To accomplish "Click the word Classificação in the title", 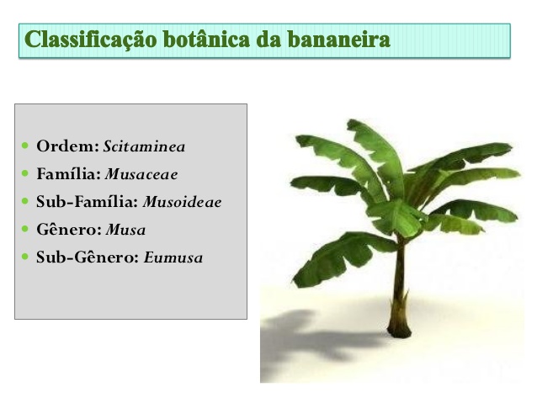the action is tap(91, 40).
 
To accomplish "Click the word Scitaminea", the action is tap(144, 146).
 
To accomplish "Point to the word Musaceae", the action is tap(141, 174).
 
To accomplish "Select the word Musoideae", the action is tap(182, 202).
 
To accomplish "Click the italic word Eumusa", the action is tap(173, 257).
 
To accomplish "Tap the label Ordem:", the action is tap(68, 146).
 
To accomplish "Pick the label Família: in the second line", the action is tap(69, 174).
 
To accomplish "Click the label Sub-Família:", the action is tap(88, 202).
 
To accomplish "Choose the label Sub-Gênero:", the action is tap(88, 257).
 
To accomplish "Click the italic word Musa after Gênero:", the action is tap(125, 230).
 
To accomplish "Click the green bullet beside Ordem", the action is tap(25, 146).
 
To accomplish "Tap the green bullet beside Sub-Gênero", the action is tap(25, 257).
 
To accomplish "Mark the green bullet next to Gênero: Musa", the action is tap(25, 229).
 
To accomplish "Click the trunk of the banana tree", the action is tap(399, 281).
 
